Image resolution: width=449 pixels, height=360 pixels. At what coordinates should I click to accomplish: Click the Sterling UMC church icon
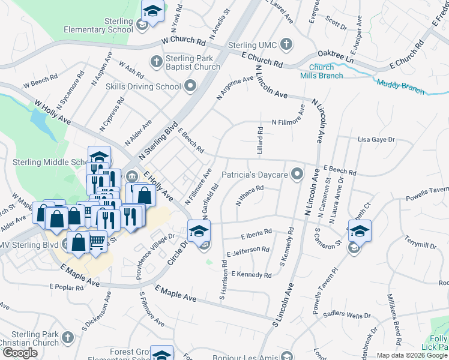tap(286, 44)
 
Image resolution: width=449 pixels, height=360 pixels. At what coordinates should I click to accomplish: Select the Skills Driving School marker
tap(191, 86)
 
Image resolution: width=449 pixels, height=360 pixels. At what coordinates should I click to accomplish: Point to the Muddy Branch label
tap(400, 83)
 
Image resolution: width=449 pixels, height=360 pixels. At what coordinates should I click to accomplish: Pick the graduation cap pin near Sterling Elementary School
tap(152, 12)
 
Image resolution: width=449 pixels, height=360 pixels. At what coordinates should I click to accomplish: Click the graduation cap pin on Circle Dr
tap(199, 230)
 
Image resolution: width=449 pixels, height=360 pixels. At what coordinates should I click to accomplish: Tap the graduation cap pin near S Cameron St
tap(359, 231)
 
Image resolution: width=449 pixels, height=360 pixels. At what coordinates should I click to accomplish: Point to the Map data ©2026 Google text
tap(412, 355)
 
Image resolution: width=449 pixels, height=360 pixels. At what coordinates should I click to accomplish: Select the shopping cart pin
tap(98, 242)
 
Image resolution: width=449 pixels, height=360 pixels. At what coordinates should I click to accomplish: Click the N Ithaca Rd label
tap(250, 196)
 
